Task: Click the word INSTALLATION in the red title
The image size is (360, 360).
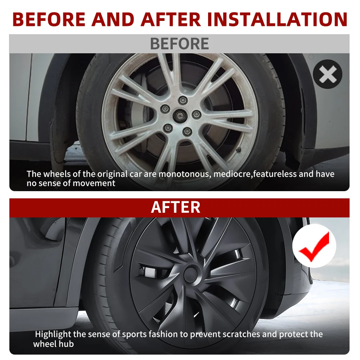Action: tap(277, 19)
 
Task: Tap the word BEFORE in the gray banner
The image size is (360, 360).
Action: tap(180, 44)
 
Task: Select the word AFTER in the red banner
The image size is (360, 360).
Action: tap(176, 207)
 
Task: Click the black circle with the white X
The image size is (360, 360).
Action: tap(327, 74)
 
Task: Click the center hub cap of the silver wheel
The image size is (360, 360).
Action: tap(179, 114)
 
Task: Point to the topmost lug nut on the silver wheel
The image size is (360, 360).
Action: tap(183, 100)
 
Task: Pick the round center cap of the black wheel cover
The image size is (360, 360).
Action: tap(190, 274)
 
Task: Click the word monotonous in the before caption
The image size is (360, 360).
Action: tap(185, 174)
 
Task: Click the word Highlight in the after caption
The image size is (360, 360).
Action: tap(53, 334)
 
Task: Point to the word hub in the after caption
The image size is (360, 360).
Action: tap(67, 344)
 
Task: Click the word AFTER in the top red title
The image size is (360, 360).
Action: tap(171, 19)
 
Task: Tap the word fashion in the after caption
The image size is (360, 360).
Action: tap(164, 334)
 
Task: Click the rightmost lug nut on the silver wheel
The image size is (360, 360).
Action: tap(197, 114)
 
